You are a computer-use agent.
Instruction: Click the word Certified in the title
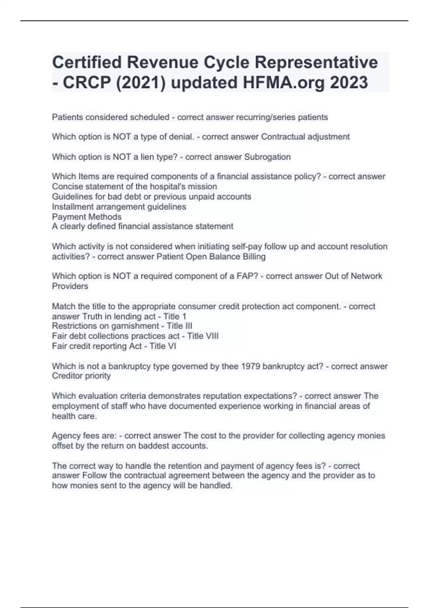coord(87,62)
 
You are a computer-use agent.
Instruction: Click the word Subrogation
coord(267,157)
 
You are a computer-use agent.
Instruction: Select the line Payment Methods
coord(87,217)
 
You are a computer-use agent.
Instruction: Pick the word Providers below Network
coord(70,286)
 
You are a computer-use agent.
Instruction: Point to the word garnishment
coord(136,326)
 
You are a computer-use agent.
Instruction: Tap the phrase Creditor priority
coord(82,376)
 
